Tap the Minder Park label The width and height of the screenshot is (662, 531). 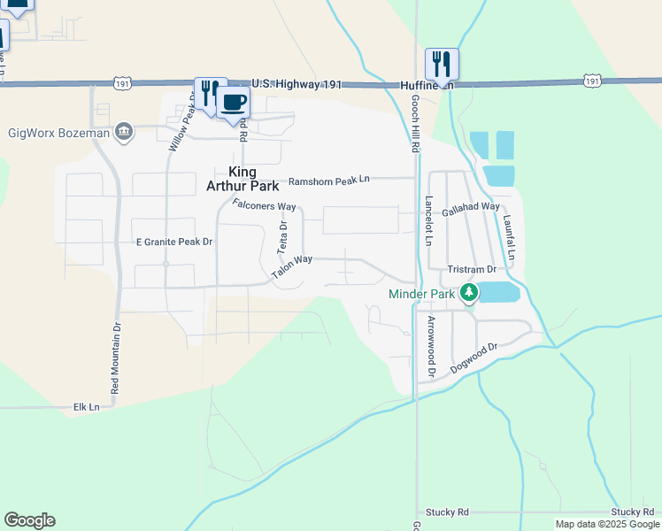[x=421, y=294]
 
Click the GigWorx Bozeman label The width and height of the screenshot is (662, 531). [x=58, y=134]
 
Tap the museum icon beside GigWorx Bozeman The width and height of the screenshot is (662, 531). [x=123, y=133]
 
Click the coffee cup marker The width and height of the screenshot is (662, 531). [x=233, y=102]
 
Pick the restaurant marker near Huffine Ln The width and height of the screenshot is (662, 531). [x=442, y=64]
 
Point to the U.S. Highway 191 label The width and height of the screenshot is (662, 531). [x=297, y=83]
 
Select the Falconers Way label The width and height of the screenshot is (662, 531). [x=264, y=205]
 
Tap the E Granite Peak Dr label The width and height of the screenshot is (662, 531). [x=174, y=242]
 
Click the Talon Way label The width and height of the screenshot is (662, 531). [x=292, y=267]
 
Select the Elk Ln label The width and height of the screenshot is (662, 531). [x=86, y=407]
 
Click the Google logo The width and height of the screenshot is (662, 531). [x=29, y=520]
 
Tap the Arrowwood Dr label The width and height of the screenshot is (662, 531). [x=431, y=347]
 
